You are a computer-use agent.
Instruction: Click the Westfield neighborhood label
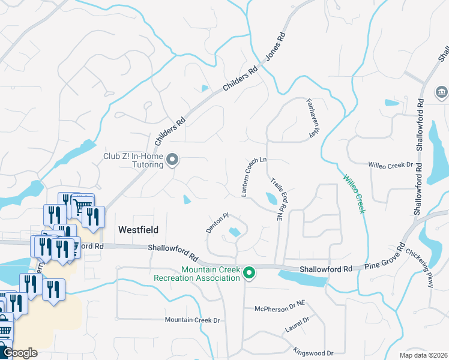point(137,229)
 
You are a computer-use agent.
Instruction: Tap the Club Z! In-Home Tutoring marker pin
point(172,160)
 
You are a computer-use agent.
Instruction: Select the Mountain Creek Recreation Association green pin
point(249,274)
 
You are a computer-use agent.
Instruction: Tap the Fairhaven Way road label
point(312,118)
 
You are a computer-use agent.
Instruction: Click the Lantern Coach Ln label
point(254,177)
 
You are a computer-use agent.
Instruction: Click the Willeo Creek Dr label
point(391,164)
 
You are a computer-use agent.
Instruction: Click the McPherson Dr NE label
point(279,308)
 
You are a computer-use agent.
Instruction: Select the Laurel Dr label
point(297,324)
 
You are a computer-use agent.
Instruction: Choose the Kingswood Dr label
point(313,352)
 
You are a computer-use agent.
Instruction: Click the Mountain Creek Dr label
point(193,320)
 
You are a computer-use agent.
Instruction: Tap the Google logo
point(19,353)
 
